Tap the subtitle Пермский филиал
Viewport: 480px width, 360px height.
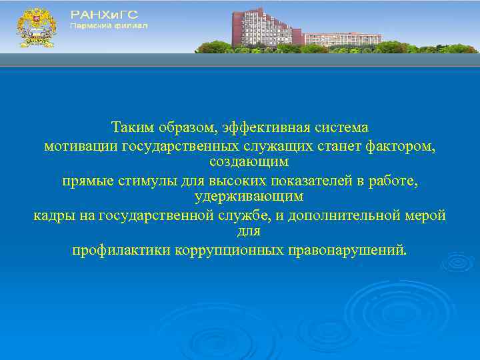click(109, 26)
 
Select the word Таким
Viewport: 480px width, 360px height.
click(131, 127)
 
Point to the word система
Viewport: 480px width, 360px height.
click(342, 127)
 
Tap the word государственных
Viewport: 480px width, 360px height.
click(175, 145)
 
